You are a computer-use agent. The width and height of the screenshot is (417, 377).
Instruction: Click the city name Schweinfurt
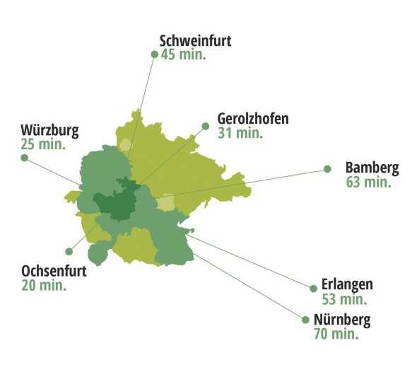[195, 41]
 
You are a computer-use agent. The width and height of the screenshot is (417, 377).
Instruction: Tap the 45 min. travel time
[183, 55]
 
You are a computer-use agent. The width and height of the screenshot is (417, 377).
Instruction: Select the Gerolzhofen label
[253, 119]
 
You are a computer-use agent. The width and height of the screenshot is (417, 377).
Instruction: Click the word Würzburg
[49, 131]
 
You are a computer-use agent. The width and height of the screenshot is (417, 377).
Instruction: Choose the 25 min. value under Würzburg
[43, 144]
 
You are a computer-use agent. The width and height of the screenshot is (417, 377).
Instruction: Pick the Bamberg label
[372, 168]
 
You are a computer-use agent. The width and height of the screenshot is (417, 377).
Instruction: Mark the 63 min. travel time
[368, 182]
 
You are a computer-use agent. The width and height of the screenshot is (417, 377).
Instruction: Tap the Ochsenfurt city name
[54, 272]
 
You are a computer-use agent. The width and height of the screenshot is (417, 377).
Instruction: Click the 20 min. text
[44, 286]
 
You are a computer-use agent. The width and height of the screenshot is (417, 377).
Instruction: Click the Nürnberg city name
[342, 319]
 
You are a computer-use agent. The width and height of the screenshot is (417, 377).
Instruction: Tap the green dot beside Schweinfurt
[154, 54]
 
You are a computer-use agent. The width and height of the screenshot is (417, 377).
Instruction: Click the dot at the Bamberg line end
[327, 168]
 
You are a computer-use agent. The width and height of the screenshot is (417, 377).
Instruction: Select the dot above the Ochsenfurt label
[69, 251]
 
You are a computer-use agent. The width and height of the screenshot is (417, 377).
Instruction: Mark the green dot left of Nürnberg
[305, 320]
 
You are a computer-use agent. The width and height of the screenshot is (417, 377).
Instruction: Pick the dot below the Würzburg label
[24, 158]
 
